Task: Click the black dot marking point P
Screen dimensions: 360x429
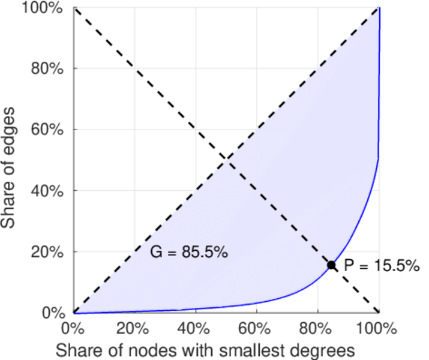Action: pos(331,265)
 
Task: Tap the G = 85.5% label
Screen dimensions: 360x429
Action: pos(188,253)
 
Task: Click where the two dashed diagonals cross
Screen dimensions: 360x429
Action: pos(226,159)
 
